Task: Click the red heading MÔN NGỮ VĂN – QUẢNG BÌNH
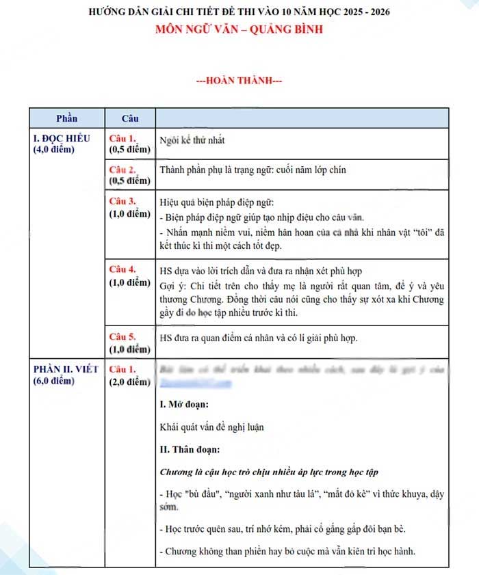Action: click(239, 29)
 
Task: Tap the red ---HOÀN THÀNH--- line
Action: click(239, 81)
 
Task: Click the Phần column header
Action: click(66, 118)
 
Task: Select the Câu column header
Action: click(130, 118)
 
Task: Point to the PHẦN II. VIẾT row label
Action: click(66, 370)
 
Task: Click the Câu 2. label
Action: click(123, 169)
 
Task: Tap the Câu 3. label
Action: click(123, 202)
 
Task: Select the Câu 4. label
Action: click(123, 269)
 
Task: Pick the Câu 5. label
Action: click(123, 337)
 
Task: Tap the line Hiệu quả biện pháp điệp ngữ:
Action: click(216, 203)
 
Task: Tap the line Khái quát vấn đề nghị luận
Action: click(211, 427)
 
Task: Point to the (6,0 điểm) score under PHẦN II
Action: click(54, 381)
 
